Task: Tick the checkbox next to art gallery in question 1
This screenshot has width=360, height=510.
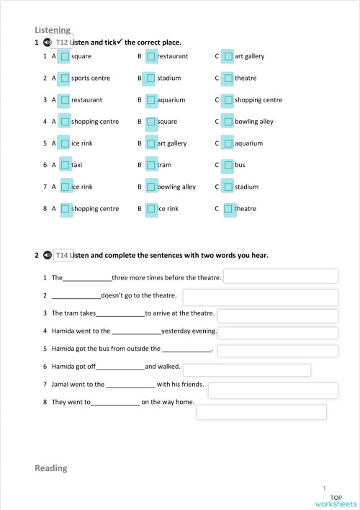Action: [x=228, y=56]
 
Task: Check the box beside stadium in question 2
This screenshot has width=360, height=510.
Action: [x=150, y=78]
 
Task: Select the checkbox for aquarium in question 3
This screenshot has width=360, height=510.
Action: [x=150, y=99]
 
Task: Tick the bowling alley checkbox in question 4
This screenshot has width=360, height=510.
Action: [x=228, y=122]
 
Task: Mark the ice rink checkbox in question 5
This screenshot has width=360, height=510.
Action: [x=65, y=143]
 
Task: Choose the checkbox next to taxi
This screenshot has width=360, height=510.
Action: [x=65, y=165]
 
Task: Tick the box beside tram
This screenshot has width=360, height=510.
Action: [x=150, y=165]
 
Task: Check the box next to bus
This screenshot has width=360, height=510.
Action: [x=228, y=165]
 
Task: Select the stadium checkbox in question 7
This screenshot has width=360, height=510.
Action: [x=228, y=187]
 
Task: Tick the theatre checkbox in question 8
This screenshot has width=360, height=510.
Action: [x=228, y=209]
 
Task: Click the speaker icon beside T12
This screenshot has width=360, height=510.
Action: [x=48, y=42]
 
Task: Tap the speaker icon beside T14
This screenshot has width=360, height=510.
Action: [x=48, y=255]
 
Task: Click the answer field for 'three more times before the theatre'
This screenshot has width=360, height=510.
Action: [x=282, y=277]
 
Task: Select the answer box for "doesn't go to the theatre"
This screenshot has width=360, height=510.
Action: [x=260, y=297]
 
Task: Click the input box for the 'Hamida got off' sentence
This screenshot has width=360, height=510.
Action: [x=247, y=370]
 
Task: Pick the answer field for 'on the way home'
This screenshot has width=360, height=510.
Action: [x=261, y=412]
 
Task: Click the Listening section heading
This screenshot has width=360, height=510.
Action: [x=53, y=30]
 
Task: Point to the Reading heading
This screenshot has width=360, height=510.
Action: [x=50, y=468]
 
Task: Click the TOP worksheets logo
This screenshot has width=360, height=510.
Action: [x=340, y=501]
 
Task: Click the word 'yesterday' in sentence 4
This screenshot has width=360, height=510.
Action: [x=176, y=331]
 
